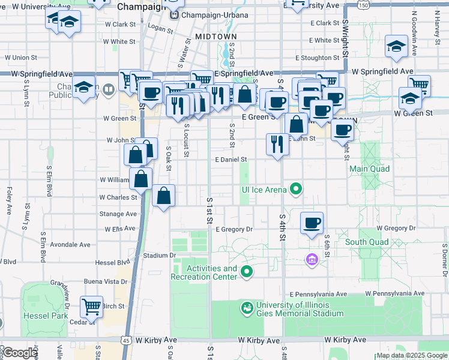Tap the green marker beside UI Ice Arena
pos(296,190)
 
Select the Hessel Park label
pos(46,316)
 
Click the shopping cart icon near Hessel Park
pos(92,307)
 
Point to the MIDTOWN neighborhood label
pos(215,37)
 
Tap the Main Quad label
pos(370,169)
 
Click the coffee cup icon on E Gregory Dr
pos(312,223)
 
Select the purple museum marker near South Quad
pos(312,259)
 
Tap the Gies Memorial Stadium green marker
pos(246,308)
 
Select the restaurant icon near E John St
pos(277,144)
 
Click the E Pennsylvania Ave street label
pos(318,295)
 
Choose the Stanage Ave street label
pos(118,214)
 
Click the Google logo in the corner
pos(19,353)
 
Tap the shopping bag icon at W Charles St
pos(163,196)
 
